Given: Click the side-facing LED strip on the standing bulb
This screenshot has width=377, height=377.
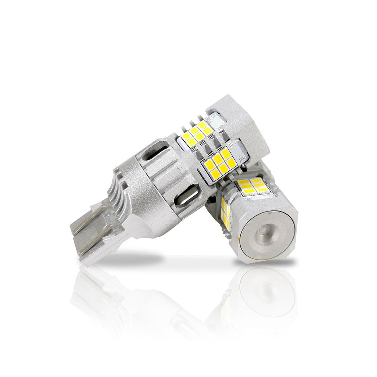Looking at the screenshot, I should (x=225, y=211).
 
